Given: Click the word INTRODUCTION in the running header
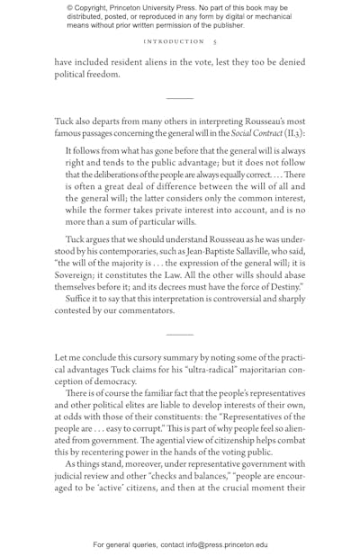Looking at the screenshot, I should coord(174,41).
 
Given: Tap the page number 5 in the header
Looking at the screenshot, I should coord(214,41).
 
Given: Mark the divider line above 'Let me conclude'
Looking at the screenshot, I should coord(180,335).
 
